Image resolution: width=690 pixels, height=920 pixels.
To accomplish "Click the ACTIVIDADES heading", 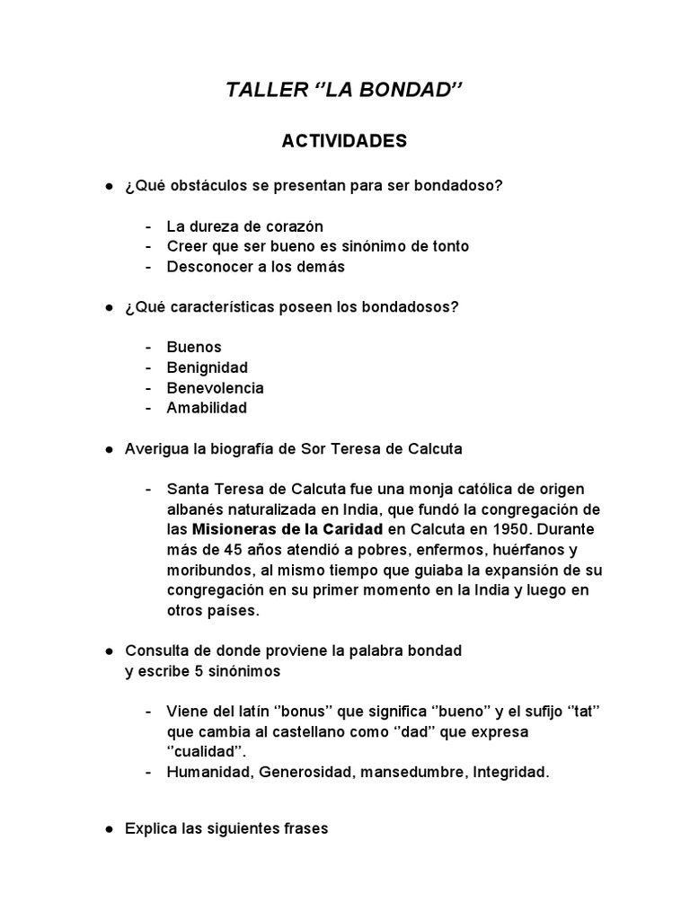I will (x=344, y=141).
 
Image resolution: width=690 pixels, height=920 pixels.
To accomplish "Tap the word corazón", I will (x=294, y=226).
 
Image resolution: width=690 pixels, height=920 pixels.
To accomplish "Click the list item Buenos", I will (x=194, y=347).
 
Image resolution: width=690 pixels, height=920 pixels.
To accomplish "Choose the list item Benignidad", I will (x=208, y=367).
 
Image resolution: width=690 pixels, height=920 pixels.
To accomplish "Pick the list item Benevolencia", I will (x=216, y=388).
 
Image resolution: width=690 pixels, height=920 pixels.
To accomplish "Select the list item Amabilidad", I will (x=207, y=408).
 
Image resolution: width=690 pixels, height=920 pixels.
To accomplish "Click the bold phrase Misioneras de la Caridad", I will (x=287, y=529).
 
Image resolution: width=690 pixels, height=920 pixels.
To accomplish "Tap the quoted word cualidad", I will (x=209, y=752).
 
